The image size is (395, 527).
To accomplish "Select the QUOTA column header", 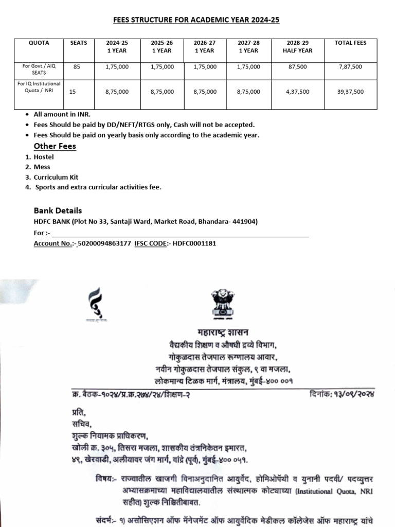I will [x=39, y=43].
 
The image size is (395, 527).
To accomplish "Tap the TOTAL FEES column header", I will [x=350, y=43].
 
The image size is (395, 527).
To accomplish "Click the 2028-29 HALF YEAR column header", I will [x=297, y=47].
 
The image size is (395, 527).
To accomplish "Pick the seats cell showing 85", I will [x=77, y=66].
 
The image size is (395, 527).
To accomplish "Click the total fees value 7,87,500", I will [x=350, y=67].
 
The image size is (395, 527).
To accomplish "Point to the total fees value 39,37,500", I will [x=350, y=92].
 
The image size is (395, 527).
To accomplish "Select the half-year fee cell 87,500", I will [x=297, y=67].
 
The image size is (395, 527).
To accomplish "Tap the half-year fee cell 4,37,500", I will [x=297, y=92].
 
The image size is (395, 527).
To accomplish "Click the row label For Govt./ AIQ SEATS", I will [x=39, y=69].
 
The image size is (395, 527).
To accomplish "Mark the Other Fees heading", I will [x=55, y=146].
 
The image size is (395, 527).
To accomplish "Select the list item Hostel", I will [x=44, y=157].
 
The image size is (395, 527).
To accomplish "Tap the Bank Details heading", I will [x=58, y=210].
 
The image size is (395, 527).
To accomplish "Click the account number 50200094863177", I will [x=104, y=243].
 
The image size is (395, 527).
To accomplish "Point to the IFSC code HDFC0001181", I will [x=194, y=243].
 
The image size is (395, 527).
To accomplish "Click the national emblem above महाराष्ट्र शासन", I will [x=223, y=303].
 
